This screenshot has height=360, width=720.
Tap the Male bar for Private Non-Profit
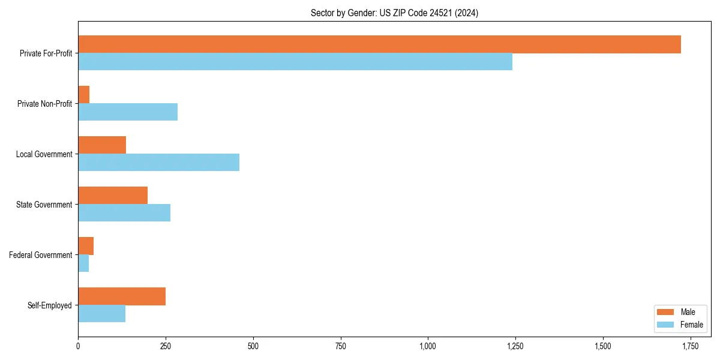(84, 95)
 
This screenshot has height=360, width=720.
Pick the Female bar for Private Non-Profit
(128, 112)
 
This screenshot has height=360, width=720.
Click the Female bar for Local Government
(159, 163)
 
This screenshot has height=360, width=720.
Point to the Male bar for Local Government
(102, 145)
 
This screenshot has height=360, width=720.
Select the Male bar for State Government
(113, 196)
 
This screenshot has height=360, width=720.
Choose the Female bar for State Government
(124, 213)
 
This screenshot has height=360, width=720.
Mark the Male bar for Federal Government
(86, 246)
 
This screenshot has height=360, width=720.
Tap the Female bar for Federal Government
(83, 263)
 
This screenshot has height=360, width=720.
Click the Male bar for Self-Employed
(122, 296)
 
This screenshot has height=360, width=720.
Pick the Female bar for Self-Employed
(102, 314)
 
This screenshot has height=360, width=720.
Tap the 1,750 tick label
(690, 346)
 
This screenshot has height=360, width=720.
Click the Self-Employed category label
(50, 305)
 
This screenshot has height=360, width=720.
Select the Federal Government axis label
(41, 255)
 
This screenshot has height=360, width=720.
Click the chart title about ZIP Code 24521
(394, 13)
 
